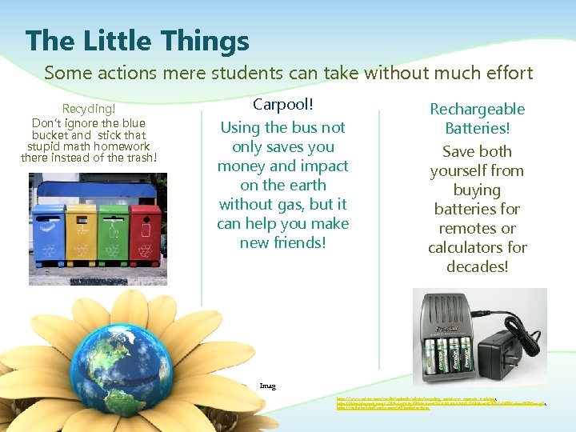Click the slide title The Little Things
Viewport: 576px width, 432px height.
137,40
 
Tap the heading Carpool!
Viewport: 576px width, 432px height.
282,104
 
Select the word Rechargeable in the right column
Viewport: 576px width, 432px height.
477,109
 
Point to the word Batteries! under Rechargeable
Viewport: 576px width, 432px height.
477,128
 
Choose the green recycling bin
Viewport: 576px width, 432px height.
111,231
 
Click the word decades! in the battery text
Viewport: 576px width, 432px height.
477,266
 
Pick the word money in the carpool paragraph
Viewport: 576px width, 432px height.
241,166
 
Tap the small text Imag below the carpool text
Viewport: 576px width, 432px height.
268,386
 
